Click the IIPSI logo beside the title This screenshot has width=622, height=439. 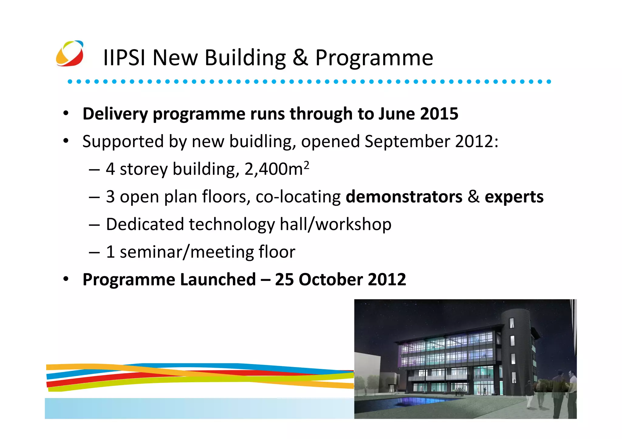click(70, 54)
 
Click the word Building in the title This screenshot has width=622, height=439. click(245, 58)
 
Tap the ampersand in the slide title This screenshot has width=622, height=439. click(300, 58)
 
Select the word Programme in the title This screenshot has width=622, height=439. click(374, 58)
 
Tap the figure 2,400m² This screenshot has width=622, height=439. click(276, 169)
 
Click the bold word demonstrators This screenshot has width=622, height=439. click(404, 197)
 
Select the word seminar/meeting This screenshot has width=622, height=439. click(186, 252)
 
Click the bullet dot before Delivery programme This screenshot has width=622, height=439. click(66, 113)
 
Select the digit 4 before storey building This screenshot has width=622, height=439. click(110, 169)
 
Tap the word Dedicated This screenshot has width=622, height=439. click(145, 225)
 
